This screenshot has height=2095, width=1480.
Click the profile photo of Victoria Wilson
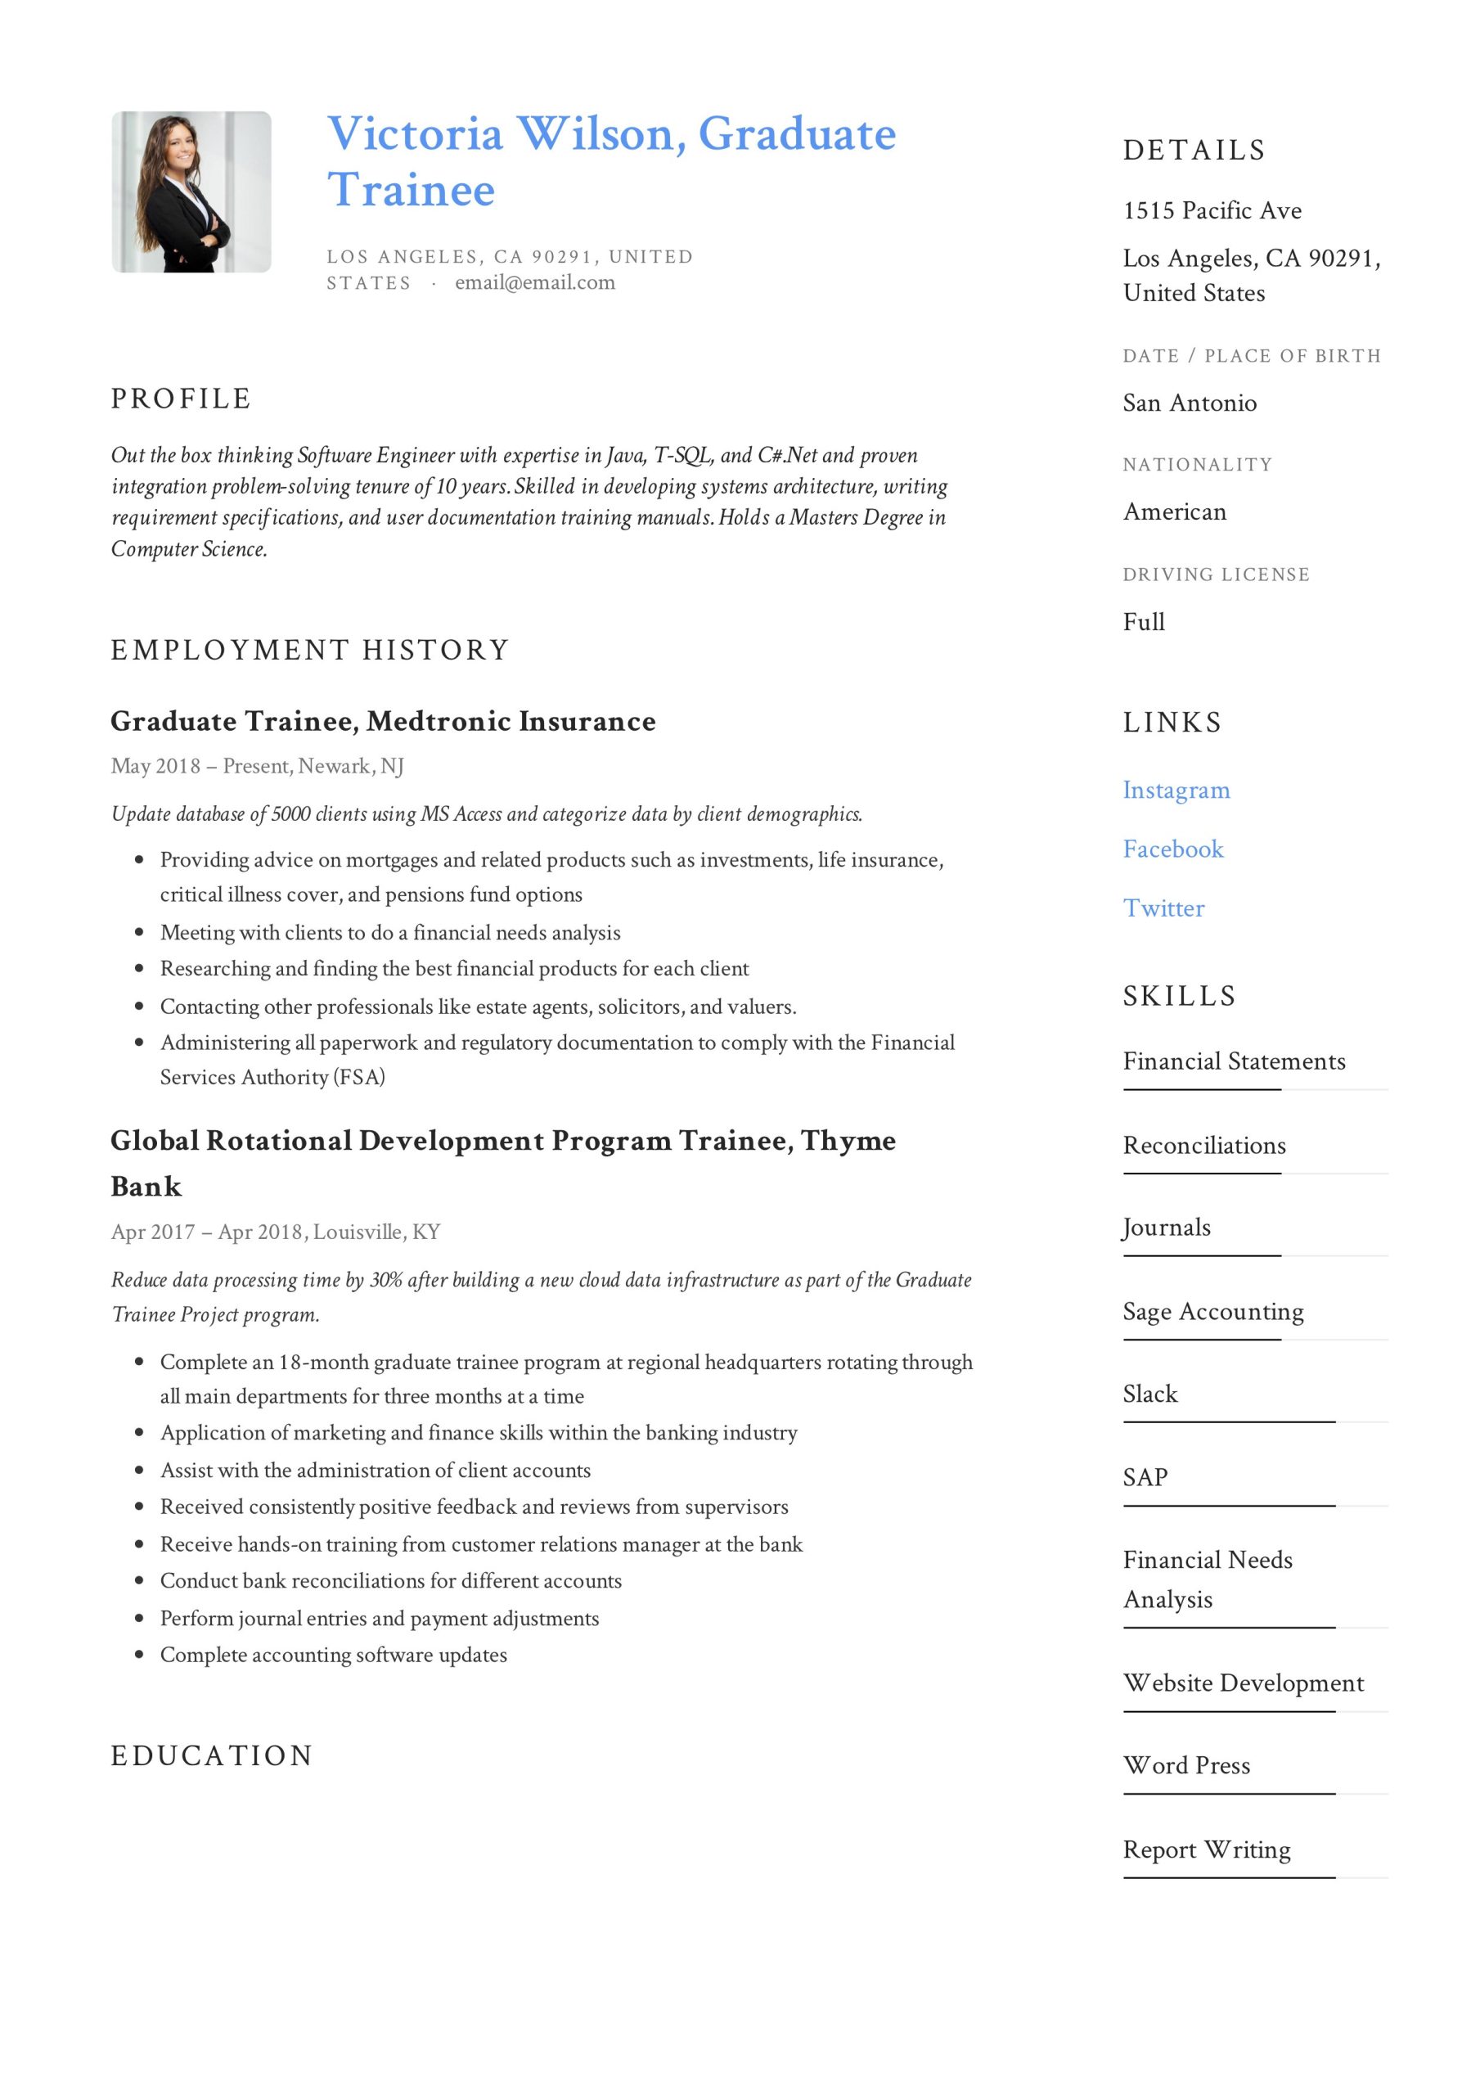191,191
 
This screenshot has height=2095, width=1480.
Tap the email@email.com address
535,283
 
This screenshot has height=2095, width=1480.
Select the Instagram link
1176,791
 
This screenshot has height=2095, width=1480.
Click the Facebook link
1172,849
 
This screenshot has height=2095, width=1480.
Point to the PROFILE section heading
181,399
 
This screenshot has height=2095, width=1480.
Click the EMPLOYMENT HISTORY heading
310,650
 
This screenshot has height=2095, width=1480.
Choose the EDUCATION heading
212,1755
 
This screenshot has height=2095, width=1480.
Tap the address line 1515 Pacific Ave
1212,211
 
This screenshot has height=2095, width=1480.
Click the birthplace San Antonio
1189,403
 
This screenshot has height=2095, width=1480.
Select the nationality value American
1174,512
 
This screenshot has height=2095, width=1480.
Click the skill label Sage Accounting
1212,1311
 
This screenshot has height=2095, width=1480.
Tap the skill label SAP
1145,1477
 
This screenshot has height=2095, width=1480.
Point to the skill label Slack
1149,1394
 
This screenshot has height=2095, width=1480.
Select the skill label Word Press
1186,1765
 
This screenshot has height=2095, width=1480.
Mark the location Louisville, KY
377,1232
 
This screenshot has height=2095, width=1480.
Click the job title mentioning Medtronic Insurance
383,722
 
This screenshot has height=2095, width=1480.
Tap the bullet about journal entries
380,1619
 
